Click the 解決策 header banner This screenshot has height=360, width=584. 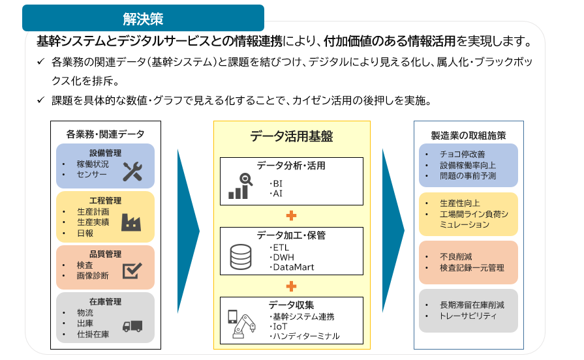click(143, 18)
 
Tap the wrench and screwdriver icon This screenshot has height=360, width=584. click(132, 172)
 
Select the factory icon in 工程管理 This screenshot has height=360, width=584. click(131, 222)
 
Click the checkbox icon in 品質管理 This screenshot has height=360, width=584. click(132, 271)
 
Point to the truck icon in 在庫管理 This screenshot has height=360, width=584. click(132, 327)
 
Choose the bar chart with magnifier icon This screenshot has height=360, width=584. click(241, 186)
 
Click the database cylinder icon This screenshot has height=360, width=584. click(241, 256)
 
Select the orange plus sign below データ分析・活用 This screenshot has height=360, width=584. click(291, 216)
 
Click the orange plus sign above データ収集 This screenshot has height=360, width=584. click(291, 286)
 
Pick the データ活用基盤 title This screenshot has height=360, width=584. click(291, 136)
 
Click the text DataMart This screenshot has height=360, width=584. click(294, 267)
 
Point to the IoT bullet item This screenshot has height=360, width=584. click(280, 327)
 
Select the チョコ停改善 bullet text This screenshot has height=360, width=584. click(463, 154)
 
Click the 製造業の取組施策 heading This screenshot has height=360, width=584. click(469, 136)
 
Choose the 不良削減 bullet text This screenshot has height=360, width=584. click(456, 256)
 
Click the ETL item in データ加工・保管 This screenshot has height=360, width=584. click(281, 248)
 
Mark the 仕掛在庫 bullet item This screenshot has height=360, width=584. click(93, 335)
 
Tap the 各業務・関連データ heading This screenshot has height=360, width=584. click(106, 134)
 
